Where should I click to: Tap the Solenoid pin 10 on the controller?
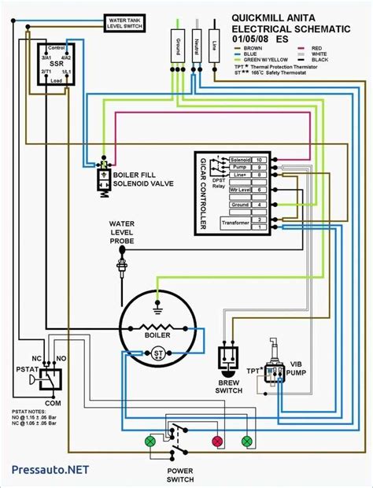point(259,159)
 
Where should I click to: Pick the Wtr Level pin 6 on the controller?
point(259,190)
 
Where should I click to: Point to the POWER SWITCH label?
point(180,474)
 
